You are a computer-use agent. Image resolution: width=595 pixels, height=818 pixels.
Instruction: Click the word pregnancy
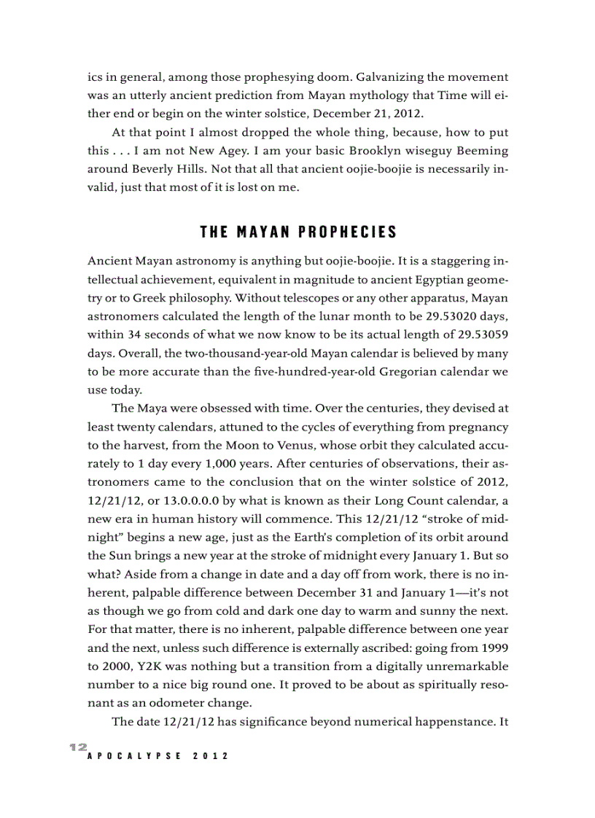(x=477, y=427)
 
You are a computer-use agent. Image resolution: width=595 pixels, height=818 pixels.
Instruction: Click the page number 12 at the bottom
(x=78, y=747)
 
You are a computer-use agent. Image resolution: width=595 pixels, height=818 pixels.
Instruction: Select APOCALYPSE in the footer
(x=132, y=756)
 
